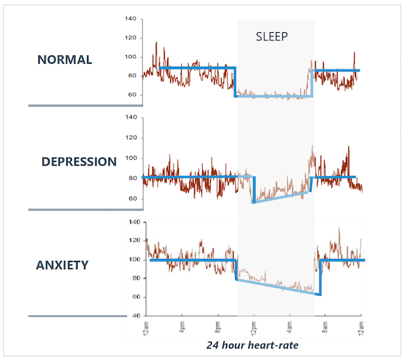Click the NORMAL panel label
[64, 60]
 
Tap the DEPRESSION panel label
[79, 162]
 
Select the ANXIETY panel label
[62, 265]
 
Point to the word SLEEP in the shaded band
[271, 37]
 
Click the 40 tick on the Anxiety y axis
[134, 316]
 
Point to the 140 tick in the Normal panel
[131, 19]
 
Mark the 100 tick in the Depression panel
[131, 158]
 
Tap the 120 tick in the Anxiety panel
[133, 241]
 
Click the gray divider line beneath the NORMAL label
[85, 105]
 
